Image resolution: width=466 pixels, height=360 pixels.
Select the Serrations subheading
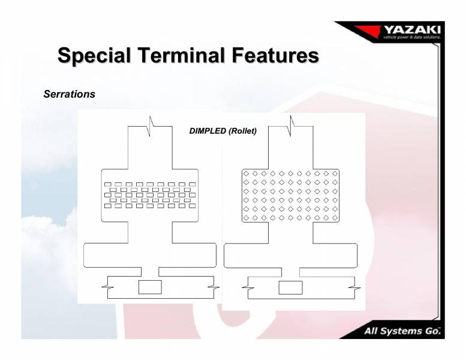(69, 95)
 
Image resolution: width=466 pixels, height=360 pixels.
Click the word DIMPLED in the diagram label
(208, 131)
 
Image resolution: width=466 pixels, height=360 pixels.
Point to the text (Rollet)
(242, 131)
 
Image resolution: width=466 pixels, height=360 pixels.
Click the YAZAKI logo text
(411, 30)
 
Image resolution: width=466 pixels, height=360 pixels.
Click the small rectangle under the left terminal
(150, 287)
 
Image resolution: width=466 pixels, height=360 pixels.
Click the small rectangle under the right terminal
(290, 287)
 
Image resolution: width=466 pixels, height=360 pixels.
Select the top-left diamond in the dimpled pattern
(246, 173)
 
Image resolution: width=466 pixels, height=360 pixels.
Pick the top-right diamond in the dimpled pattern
(335, 173)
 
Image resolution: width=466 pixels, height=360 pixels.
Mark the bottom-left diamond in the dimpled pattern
(246, 217)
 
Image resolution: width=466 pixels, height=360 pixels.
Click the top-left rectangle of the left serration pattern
(108, 184)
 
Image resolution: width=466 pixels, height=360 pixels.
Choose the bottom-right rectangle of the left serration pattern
(192, 206)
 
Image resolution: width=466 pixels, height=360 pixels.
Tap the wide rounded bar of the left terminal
(149, 255)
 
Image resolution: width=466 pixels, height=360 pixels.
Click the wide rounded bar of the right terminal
(290, 255)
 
